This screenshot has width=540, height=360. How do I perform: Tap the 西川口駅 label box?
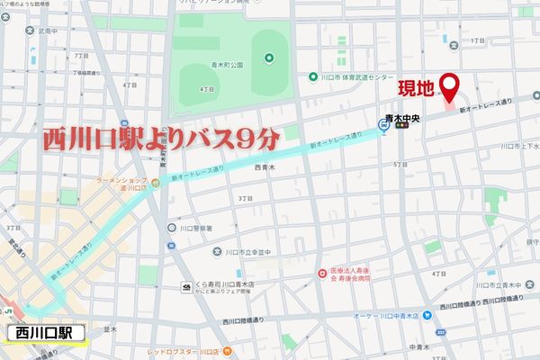tap(44, 333)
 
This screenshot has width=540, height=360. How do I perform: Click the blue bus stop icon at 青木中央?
tap(384, 127)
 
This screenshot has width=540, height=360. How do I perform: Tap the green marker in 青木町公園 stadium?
tap(268, 58)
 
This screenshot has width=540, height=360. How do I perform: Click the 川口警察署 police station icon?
tap(171, 228)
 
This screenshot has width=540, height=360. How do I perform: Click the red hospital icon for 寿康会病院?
tap(321, 273)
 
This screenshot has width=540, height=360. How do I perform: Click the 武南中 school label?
tap(47, 31)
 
